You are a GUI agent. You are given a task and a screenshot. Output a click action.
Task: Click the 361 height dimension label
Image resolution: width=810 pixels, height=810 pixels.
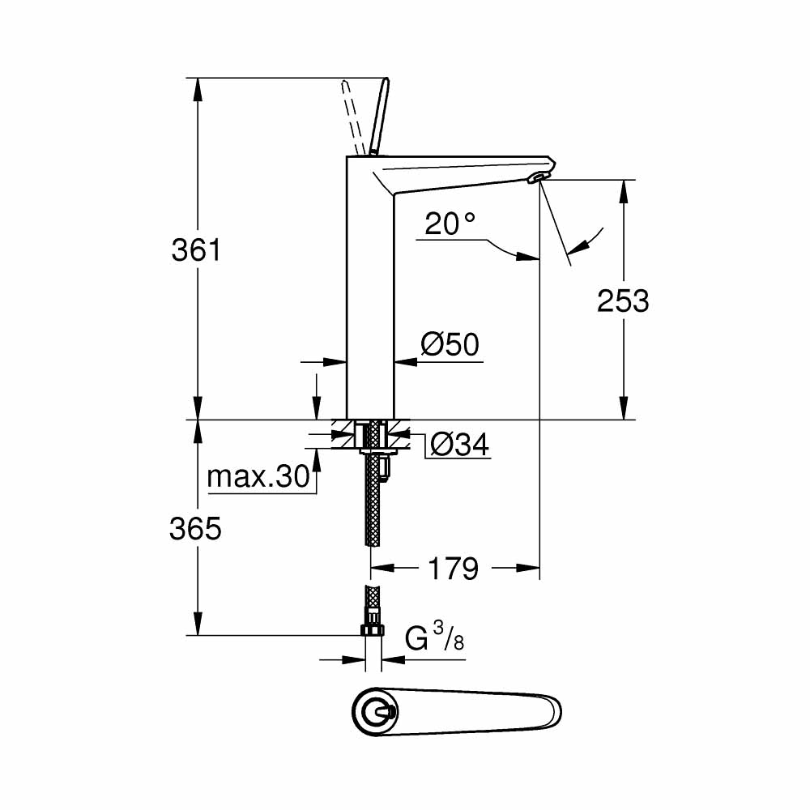pyautogui.click(x=196, y=250)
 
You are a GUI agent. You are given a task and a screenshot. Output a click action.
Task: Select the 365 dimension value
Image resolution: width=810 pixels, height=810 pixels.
pyautogui.click(x=196, y=529)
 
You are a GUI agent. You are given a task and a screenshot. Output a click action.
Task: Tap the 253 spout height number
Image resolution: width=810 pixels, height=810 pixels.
pyautogui.click(x=623, y=301)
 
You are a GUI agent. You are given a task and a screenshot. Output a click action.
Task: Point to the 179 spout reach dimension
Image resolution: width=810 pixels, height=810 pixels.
pyautogui.click(x=454, y=569)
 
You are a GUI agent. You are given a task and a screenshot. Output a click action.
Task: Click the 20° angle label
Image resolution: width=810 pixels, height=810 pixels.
pyautogui.click(x=450, y=224)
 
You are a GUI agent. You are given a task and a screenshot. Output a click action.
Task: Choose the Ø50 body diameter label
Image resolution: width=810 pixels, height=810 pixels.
pyautogui.click(x=450, y=345)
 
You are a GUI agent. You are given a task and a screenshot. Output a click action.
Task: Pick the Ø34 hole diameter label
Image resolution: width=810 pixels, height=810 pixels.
pyautogui.click(x=460, y=444)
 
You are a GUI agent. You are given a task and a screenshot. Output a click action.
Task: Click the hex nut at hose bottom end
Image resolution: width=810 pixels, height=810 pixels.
pyautogui.click(x=373, y=630)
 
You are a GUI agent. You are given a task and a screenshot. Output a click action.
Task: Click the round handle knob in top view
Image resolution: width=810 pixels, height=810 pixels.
pyautogui.click(x=375, y=714)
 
